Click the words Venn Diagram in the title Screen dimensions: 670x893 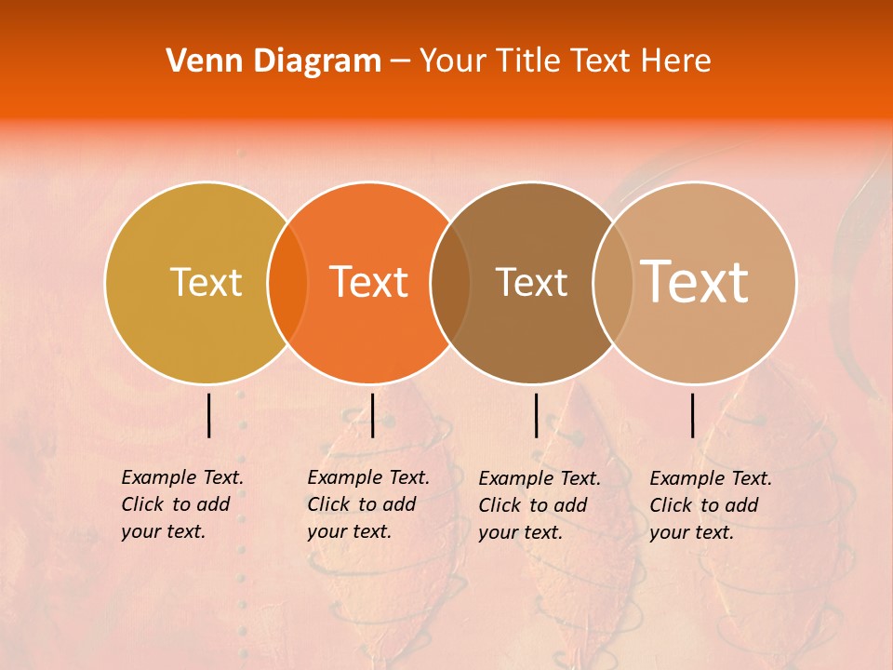[273, 61]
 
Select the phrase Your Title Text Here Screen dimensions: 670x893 [565, 61]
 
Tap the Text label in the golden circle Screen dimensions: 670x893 [206, 282]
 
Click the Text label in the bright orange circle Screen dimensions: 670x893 [369, 282]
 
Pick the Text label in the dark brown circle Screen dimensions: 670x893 [532, 282]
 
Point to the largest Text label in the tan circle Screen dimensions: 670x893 [695, 281]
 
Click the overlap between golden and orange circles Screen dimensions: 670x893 [287, 282]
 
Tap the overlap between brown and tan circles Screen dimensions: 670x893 [608, 282]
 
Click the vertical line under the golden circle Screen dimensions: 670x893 [209, 415]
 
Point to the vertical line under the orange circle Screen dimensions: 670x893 [372, 415]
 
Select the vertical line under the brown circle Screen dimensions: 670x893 [536, 415]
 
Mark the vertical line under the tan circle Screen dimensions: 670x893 [693, 415]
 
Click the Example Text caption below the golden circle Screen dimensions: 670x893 [181, 504]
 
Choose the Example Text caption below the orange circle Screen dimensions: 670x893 [367, 504]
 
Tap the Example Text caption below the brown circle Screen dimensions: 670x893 [539, 505]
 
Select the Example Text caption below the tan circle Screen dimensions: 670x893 [710, 505]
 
